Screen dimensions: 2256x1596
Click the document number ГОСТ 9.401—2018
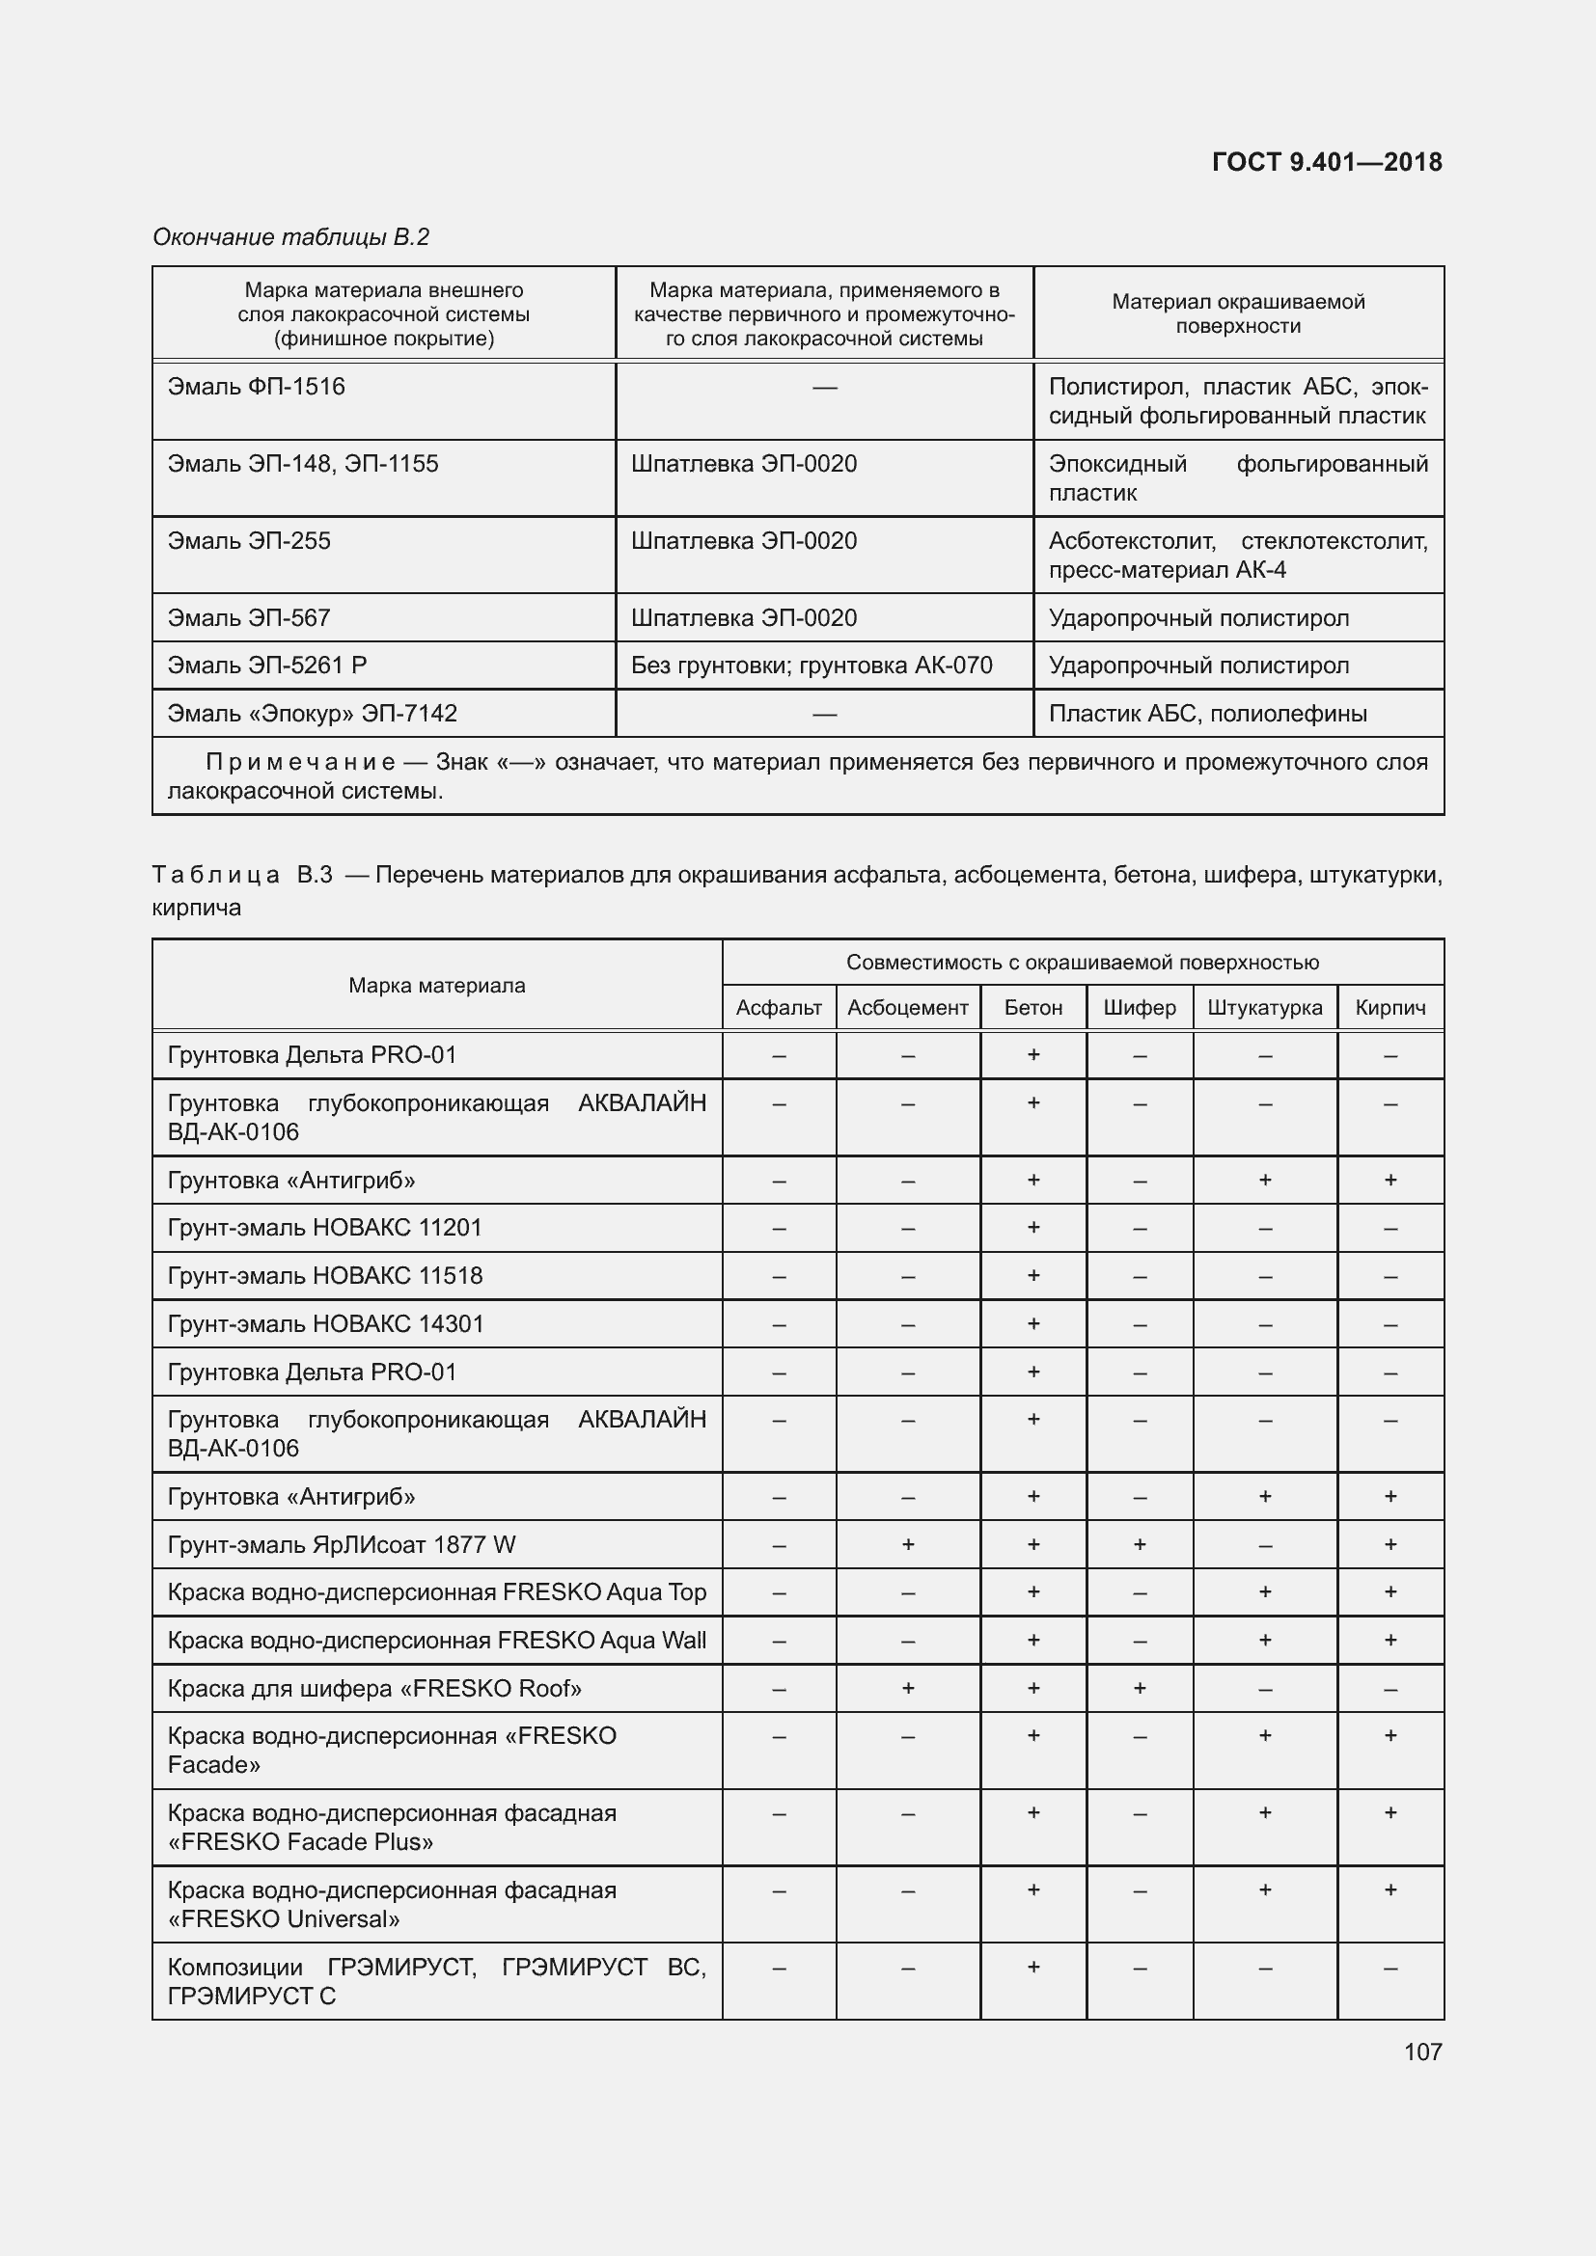coord(1326,162)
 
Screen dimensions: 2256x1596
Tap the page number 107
coord(1422,2052)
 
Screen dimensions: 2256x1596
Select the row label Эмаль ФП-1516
coord(257,387)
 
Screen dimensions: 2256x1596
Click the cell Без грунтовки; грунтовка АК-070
coord(811,666)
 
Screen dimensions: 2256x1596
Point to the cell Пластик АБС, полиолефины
coord(1207,714)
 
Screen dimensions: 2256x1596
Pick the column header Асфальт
coord(779,1007)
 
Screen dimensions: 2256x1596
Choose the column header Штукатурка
coord(1264,1007)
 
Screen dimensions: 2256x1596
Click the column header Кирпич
coord(1390,1007)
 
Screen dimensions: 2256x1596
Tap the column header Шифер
coord(1139,1007)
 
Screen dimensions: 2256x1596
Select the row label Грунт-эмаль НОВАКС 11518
coord(325,1275)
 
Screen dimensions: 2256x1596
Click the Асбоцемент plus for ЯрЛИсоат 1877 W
coord(907,1544)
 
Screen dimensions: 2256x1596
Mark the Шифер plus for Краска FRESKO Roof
coord(1139,1688)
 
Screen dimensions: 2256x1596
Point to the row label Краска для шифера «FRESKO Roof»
coord(374,1688)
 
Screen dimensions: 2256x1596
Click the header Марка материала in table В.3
coord(436,986)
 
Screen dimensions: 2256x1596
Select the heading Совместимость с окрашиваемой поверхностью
coord(1082,963)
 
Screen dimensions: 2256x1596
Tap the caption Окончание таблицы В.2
coord(290,237)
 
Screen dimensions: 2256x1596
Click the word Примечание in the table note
coord(300,763)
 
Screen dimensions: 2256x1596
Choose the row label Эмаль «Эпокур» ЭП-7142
coord(313,714)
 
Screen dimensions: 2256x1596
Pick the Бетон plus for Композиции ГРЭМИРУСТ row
coord(1032,1967)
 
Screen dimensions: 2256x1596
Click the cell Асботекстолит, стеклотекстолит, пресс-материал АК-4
coord(1237,556)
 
